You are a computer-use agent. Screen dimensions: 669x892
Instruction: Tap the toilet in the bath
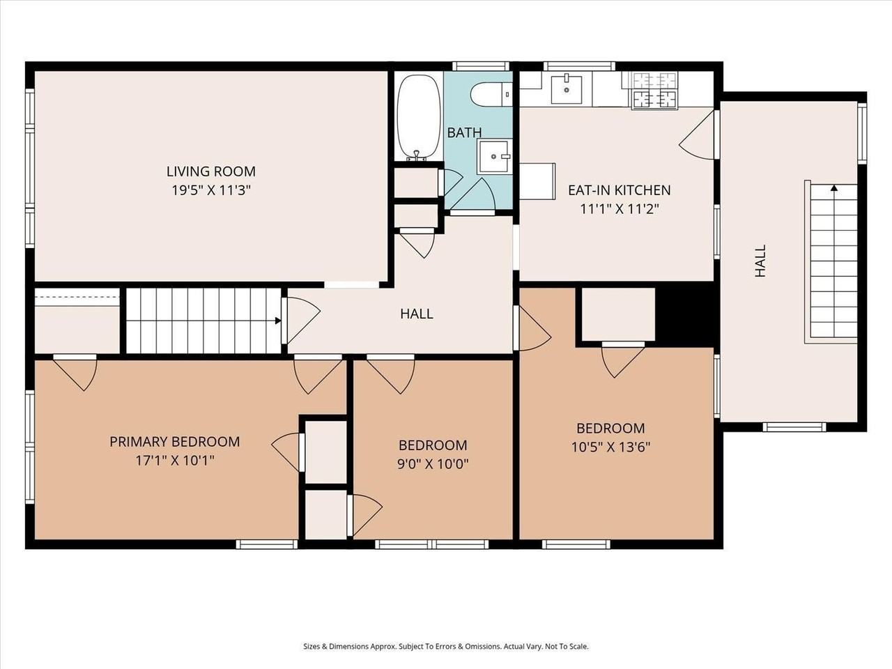[x=490, y=94]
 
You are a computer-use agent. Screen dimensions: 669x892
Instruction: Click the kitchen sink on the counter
[x=567, y=89]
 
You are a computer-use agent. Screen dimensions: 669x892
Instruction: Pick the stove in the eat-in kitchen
[x=654, y=91]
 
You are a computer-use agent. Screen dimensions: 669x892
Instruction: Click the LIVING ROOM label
[x=210, y=171]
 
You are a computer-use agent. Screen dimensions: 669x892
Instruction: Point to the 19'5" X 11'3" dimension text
[x=210, y=190]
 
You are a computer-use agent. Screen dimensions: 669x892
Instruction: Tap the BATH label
[x=464, y=132]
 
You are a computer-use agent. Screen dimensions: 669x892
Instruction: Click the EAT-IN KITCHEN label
[x=619, y=190]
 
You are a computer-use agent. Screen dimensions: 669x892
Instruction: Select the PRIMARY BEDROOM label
[x=174, y=441]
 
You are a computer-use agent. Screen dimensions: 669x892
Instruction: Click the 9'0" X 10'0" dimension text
[x=433, y=463]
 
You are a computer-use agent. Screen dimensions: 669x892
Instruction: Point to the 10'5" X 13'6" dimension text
[x=610, y=447]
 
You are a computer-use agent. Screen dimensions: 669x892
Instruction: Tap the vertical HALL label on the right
[x=760, y=261]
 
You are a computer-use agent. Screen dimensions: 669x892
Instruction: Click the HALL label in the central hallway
[x=416, y=314]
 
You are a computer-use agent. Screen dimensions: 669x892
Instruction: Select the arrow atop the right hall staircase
[x=833, y=187]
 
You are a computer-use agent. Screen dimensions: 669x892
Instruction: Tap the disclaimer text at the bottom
[x=445, y=646]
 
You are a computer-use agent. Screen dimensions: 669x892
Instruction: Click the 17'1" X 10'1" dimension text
[x=174, y=460]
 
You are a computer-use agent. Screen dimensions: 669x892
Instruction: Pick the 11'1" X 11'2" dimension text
[x=619, y=208]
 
